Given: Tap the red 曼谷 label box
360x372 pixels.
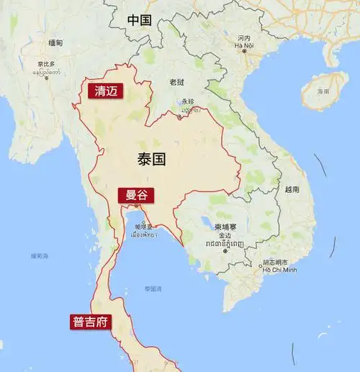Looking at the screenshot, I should pos(135,195).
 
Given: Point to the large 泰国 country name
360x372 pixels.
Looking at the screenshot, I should pos(150,159).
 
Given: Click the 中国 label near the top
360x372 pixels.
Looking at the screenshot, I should pos(139,20).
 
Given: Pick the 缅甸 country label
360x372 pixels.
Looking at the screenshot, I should pos(55,42).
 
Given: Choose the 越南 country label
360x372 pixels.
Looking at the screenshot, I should pos(292,189).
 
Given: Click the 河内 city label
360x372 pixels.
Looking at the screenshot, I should pos(243,38).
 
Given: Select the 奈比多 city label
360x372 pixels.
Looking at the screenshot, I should pos(47,63).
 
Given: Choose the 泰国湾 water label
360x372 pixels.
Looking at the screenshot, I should pos(153,289).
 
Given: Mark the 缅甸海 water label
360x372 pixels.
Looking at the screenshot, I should pos(40,255).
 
